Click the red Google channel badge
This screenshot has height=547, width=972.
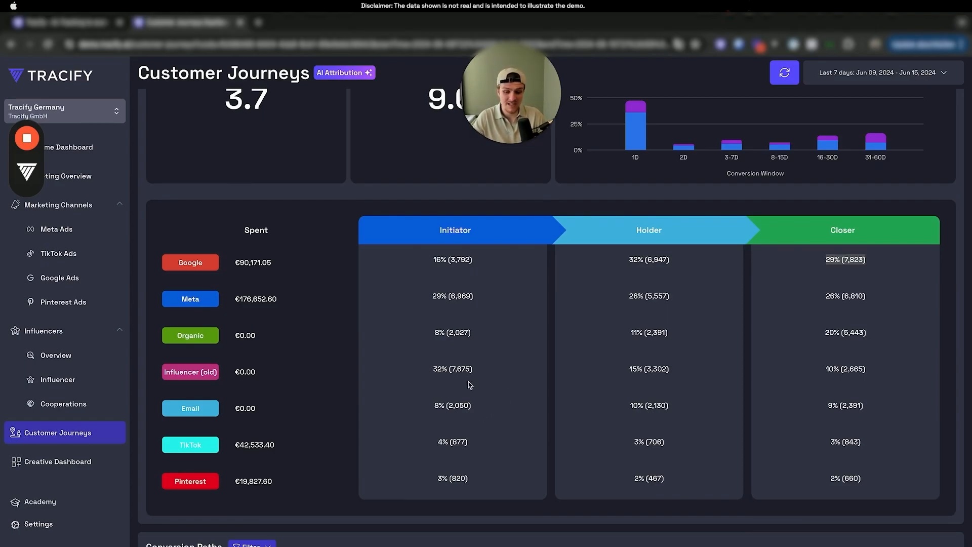point(190,262)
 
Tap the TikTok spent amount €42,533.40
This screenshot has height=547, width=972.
point(254,445)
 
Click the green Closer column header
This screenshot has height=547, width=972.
point(842,230)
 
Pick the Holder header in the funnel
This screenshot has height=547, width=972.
point(649,230)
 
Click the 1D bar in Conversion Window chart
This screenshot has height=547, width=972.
point(635,127)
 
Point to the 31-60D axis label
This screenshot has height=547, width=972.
point(875,158)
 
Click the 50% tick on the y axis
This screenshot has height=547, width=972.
point(576,98)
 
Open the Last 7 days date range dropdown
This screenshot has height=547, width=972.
point(882,72)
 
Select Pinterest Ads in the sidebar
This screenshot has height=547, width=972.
point(63,302)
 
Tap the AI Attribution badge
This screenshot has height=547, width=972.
point(344,72)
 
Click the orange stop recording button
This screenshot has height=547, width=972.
point(27,138)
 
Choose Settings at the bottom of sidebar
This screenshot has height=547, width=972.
point(38,524)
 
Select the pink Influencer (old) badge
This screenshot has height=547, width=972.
point(190,372)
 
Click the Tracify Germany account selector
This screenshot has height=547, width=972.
point(64,111)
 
